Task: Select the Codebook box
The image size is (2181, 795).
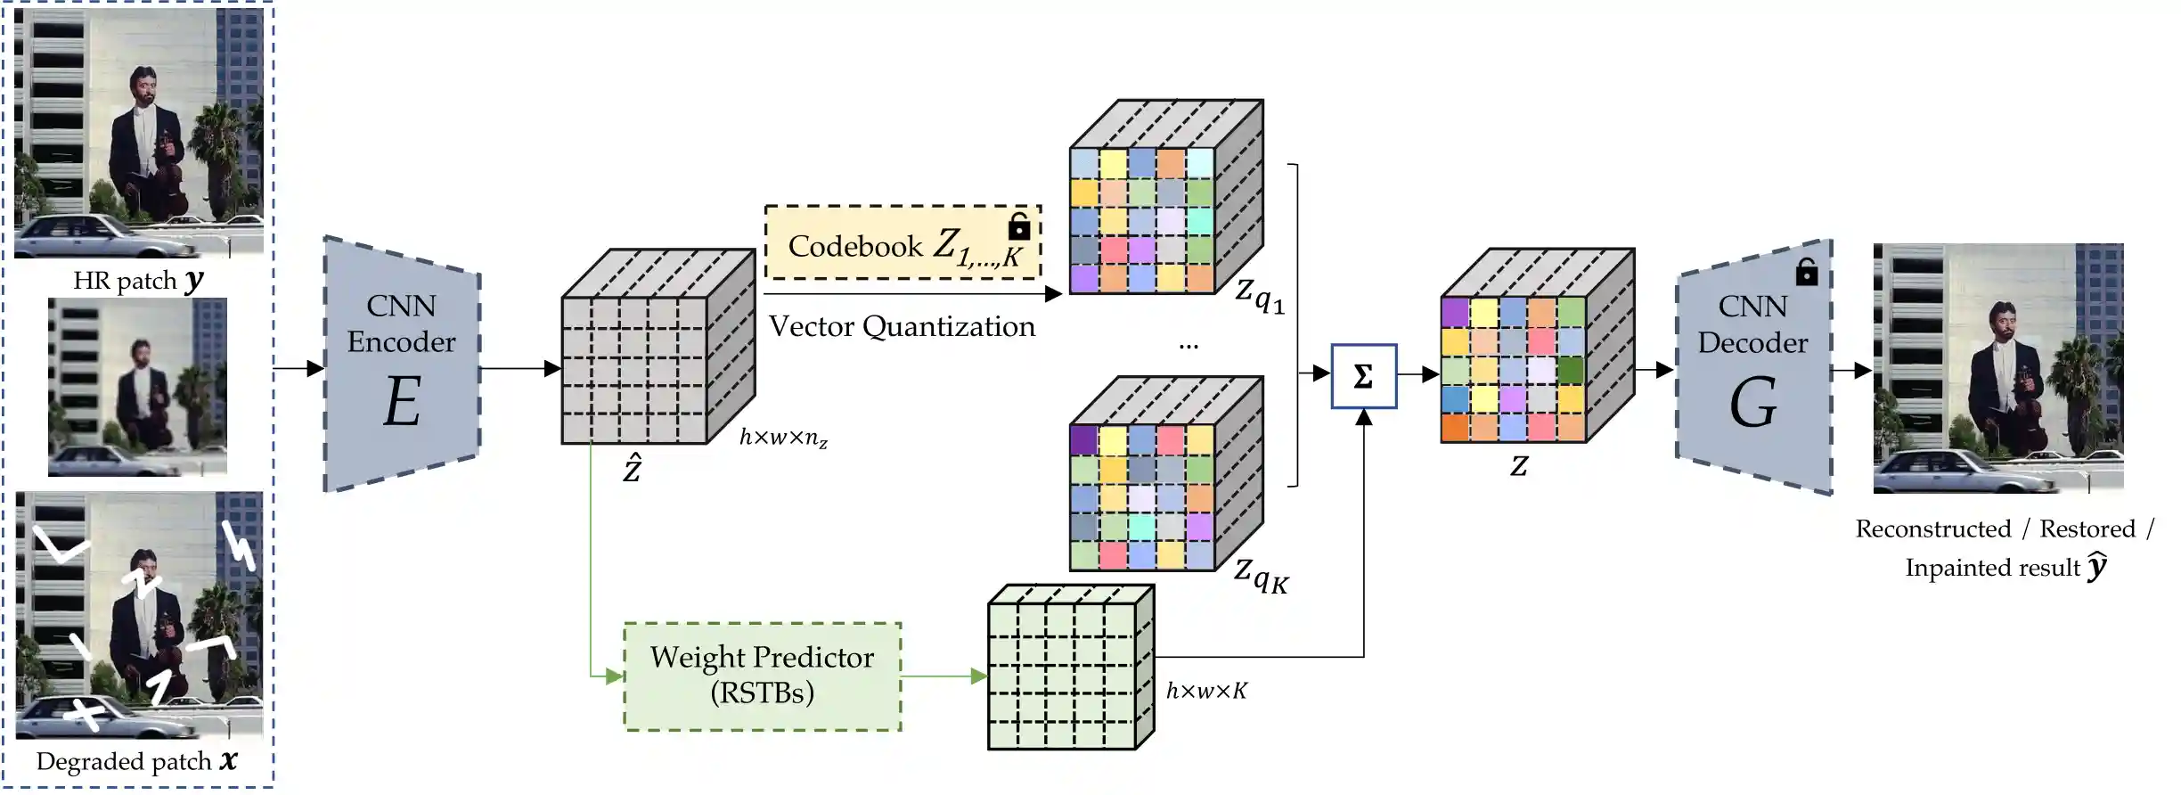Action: click(902, 243)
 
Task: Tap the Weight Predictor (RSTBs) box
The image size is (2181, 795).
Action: click(763, 676)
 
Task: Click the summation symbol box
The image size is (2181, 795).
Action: click(1363, 376)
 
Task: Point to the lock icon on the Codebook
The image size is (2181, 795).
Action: click(1018, 226)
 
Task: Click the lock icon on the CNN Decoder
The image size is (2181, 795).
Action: click(1806, 271)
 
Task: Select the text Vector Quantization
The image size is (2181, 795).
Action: click(902, 327)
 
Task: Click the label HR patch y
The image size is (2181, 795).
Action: click(138, 280)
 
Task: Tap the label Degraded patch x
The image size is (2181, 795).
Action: click(136, 761)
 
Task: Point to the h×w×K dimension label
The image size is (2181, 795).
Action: click(1206, 691)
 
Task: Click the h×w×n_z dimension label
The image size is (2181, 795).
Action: click(783, 438)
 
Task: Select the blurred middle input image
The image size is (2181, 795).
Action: click(137, 386)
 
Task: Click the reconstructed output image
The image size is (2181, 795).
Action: click(1997, 368)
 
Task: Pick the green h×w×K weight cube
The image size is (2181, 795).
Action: click(1070, 668)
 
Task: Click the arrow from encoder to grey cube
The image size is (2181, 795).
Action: click(520, 368)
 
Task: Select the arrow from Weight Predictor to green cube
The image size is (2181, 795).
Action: click(943, 676)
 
